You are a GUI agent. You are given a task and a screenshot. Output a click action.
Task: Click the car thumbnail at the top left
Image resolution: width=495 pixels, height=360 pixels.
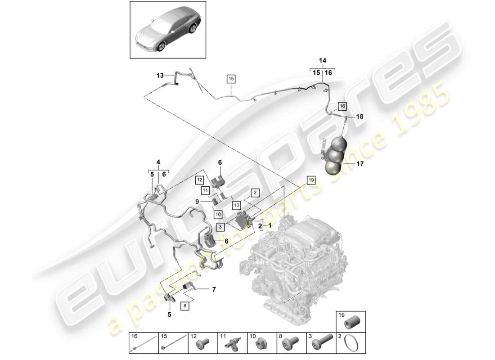pos(168,29)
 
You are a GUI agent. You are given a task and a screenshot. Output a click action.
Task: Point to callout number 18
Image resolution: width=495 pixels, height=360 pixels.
pos(360,117)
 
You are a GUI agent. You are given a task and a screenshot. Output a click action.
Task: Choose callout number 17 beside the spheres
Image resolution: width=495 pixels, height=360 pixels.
pos(360,164)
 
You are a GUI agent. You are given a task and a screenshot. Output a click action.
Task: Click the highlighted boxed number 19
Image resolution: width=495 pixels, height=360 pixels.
pos(311,180)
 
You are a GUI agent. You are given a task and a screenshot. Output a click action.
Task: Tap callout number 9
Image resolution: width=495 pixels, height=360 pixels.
pos(210,202)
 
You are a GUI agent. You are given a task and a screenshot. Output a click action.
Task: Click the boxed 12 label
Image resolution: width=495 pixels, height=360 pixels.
pos(199,180)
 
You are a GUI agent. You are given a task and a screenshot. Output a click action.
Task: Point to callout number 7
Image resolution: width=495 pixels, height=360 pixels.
pos(214,289)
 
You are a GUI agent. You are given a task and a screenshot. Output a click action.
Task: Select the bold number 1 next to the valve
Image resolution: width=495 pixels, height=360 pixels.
pos(270,225)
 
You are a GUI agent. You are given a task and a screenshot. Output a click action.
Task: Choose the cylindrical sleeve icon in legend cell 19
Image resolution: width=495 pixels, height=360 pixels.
pos(351,323)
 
